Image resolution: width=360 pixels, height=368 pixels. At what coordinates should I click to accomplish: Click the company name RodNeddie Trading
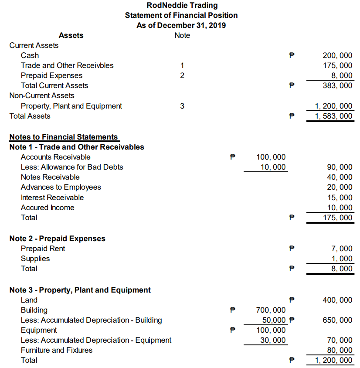click(182, 6)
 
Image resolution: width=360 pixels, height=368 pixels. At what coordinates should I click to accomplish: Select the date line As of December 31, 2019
click(181, 25)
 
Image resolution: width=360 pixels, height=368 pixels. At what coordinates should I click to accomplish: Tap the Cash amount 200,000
click(337, 55)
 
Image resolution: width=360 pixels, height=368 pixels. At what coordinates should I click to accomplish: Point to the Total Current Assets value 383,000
click(337, 85)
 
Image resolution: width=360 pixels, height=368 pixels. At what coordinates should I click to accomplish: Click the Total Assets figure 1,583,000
click(334, 116)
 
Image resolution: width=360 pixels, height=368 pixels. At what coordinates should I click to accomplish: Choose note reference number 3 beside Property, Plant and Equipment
click(182, 106)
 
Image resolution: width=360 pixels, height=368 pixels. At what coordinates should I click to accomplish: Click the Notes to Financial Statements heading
click(64, 137)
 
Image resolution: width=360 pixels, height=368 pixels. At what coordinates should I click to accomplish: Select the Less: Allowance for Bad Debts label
click(72, 167)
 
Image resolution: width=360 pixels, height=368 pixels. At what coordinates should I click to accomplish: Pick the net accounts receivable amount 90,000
click(340, 167)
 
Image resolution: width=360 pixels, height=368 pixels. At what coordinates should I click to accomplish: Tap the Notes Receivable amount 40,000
click(340, 177)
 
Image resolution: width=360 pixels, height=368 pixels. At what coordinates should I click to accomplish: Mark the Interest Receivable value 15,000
click(340, 198)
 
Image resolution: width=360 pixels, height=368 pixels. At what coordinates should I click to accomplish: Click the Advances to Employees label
click(61, 187)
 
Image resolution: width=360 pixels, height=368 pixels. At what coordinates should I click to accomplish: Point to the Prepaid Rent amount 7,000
click(342, 249)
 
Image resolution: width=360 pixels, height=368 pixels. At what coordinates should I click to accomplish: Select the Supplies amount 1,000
click(342, 259)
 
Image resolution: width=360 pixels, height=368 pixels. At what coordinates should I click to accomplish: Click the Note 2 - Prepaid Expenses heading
click(58, 239)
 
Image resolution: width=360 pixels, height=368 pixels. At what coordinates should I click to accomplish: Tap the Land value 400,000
click(337, 300)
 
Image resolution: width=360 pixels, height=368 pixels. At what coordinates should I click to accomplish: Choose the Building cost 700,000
click(271, 310)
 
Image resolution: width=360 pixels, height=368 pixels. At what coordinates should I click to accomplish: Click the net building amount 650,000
click(337, 320)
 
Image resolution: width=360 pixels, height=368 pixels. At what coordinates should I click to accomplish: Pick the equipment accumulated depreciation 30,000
click(273, 340)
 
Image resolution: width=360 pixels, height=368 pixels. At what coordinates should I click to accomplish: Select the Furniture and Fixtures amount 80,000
click(340, 350)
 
